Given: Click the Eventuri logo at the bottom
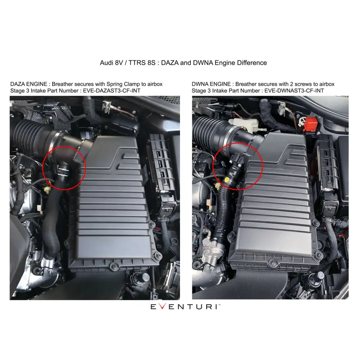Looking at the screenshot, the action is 185,306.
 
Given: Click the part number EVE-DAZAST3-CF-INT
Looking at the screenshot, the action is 112,91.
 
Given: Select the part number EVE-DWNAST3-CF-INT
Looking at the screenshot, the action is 294,91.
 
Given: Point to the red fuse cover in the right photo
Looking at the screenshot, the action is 310,124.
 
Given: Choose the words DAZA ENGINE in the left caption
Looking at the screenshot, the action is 29,84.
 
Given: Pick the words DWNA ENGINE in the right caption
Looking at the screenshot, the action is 211,84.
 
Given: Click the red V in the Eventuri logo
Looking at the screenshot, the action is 162,306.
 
